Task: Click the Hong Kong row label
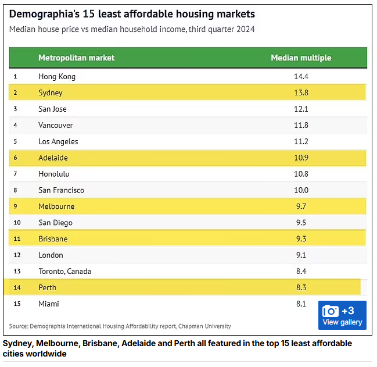(57, 77)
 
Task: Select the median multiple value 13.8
(301, 93)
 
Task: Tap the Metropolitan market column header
(76, 58)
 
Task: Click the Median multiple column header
(301, 58)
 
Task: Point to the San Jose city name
(52, 109)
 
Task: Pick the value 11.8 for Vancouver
(301, 126)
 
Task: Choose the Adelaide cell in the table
(53, 158)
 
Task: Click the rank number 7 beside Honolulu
(15, 174)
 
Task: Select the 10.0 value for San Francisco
(301, 191)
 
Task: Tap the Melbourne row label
(56, 207)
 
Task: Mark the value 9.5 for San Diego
(301, 223)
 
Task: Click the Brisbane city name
(53, 239)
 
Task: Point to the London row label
(51, 255)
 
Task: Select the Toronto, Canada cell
(64, 272)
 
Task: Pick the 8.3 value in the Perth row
(301, 288)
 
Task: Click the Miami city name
(49, 304)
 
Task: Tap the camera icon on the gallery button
(331, 311)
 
